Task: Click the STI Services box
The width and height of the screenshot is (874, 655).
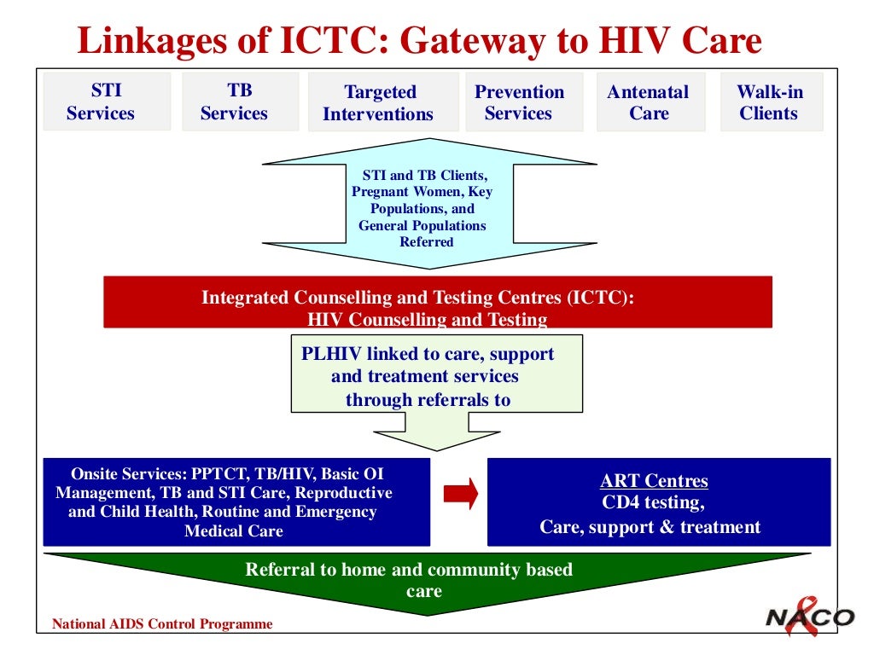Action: click(107, 101)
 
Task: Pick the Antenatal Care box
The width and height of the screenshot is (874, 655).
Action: click(650, 102)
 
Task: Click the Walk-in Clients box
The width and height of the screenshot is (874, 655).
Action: click(771, 102)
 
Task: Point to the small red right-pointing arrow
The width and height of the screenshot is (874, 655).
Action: click(462, 492)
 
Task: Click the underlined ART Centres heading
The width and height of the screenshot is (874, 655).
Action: click(654, 481)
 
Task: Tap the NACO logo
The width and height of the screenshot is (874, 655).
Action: click(808, 616)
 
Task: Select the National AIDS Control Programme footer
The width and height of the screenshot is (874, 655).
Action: click(162, 624)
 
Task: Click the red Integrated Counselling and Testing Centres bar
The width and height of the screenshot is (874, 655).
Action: click(437, 303)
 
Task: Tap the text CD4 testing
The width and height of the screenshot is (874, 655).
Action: click(654, 503)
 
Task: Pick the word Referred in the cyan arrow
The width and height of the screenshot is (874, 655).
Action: click(427, 242)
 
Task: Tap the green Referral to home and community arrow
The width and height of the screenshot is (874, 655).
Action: click(427, 580)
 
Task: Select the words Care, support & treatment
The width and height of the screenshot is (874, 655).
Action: click(650, 527)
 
